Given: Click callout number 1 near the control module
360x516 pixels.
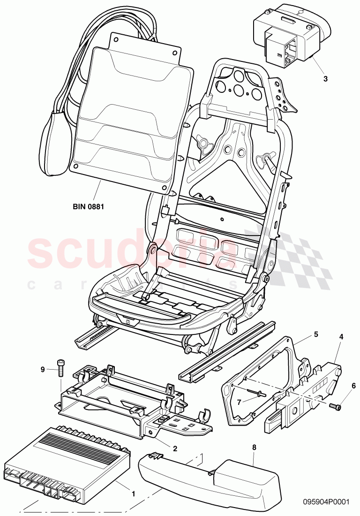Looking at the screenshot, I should pyautogui.click(x=133, y=481).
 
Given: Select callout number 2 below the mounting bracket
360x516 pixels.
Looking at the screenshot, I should pyautogui.click(x=175, y=448).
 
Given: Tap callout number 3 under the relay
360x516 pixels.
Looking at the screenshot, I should pyautogui.click(x=325, y=79).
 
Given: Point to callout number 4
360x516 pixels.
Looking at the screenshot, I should pyautogui.click(x=341, y=336).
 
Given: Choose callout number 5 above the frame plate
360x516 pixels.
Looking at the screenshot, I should pyautogui.click(x=316, y=334).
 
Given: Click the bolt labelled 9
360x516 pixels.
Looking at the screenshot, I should pyautogui.click(x=61, y=366).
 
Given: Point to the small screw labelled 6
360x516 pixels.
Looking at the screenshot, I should pyautogui.click(x=335, y=406).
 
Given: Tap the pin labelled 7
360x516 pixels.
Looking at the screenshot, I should pyautogui.click(x=258, y=395).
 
